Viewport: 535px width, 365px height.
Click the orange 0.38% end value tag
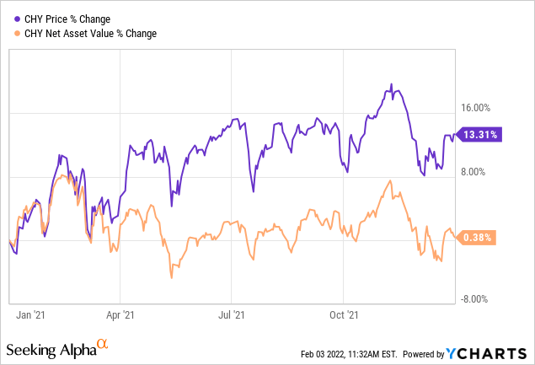point(479,238)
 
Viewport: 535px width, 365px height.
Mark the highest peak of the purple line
point(391,84)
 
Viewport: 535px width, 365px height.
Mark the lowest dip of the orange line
point(171,276)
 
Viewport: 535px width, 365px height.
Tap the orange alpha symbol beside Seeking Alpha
point(102,344)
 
